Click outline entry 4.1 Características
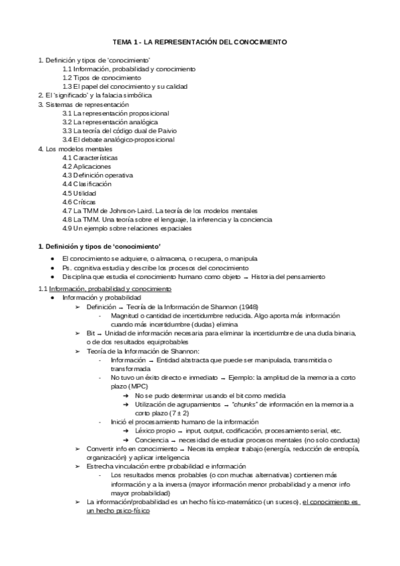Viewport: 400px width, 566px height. [x=90, y=158]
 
